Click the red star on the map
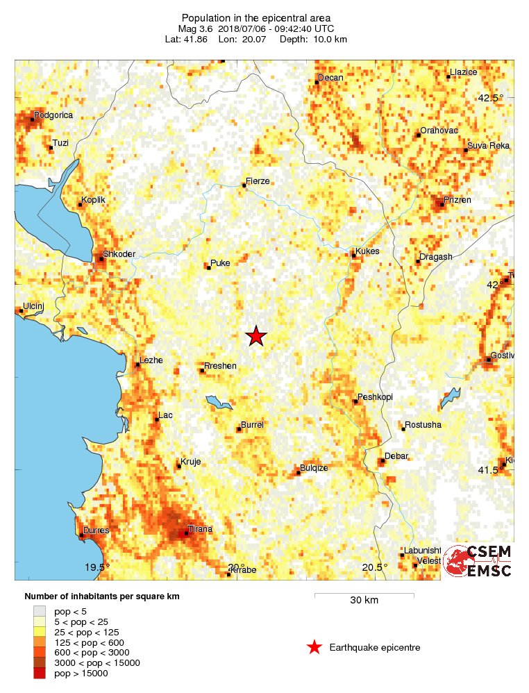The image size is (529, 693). (x=256, y=336)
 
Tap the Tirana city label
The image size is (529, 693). (x=201, y=529)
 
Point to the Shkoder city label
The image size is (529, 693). (x=119, y=254)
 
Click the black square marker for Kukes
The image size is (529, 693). (x=353, y=256)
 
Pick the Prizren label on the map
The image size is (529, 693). (x=457, y=200)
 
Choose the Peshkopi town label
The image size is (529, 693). (x=375, y=397)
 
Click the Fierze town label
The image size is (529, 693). (x=258, y=181)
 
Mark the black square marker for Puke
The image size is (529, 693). (x=208, y=267)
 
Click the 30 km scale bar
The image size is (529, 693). (x=364, y=594)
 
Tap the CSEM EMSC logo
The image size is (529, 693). (x=478, y=561)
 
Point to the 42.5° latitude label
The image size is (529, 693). (x=491, y=98)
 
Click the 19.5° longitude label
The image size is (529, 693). (x=97, y=567)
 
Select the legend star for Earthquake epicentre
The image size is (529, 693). (x=314, y=647)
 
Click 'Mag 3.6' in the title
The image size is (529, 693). (x=197, y=28)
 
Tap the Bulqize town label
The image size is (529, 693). (x=314, y=468)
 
